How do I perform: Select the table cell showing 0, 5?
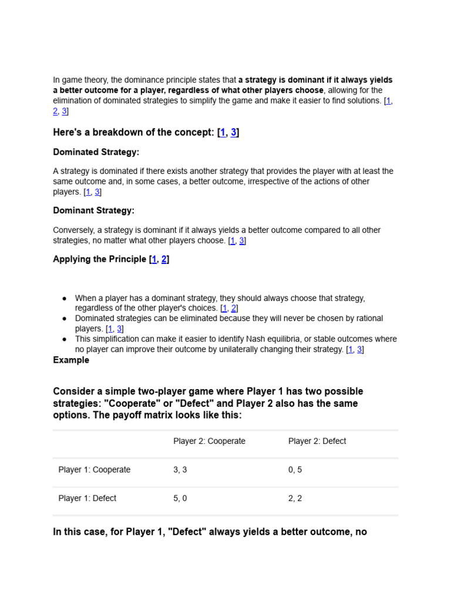coord(295,470)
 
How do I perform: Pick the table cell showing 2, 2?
coord(295,498)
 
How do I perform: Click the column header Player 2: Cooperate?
coord(209,441)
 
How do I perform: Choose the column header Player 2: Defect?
coord(317,441)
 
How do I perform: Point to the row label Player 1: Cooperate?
coord(95,470)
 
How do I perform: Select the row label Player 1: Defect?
coord(87,498)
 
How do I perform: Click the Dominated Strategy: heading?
coord(96,152)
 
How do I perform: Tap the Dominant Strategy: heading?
coord(93,210)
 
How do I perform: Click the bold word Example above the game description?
coord(71,360)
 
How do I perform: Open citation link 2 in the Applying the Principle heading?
coord(164,259)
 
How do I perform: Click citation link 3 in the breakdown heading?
coord(234,132)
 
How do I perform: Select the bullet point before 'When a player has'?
coord(64,299)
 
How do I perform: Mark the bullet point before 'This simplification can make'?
coord(64,339)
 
